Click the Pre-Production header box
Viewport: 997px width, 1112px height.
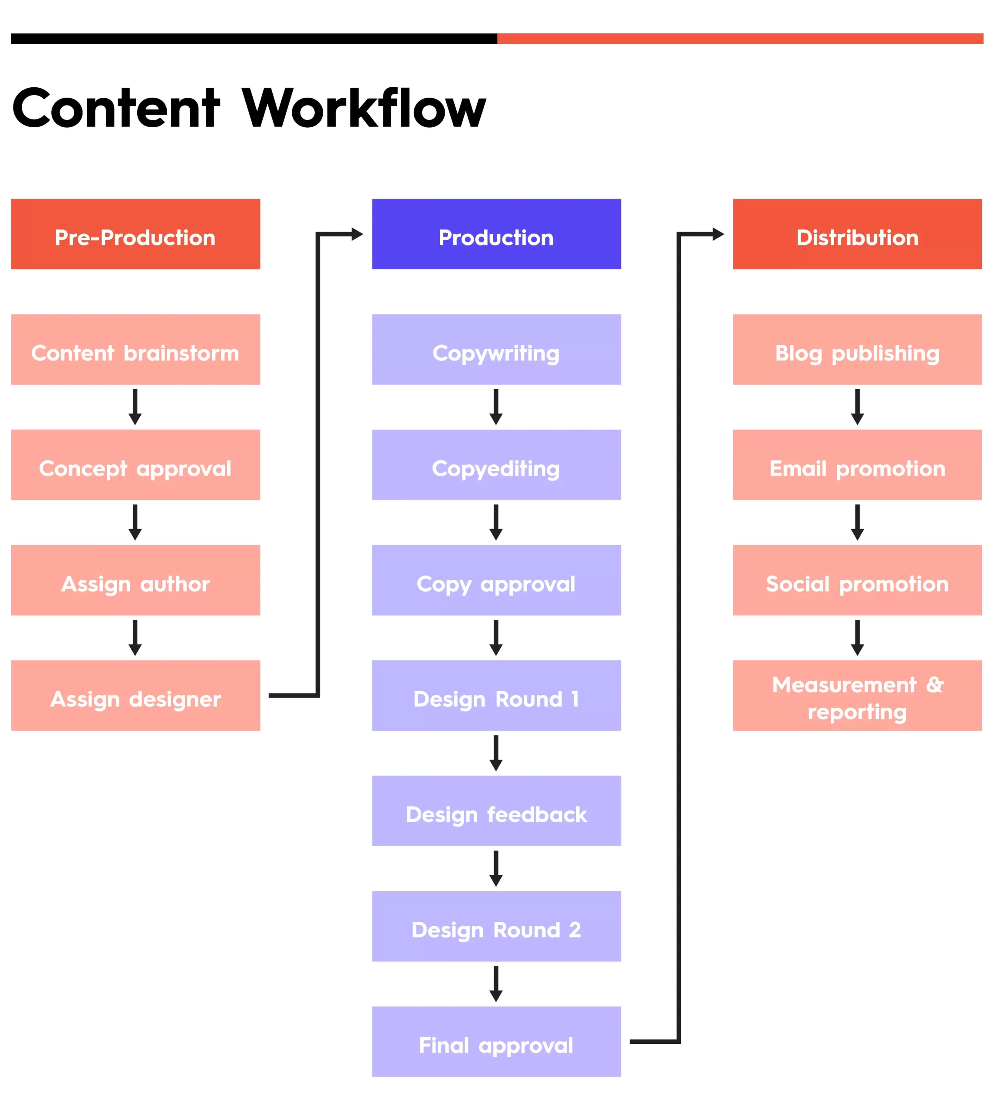tap(135, 234)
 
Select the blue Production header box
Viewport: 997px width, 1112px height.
tap(496, 234)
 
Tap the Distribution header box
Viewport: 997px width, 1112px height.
tap(857, 234)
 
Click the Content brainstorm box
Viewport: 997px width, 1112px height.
tap(135, 349)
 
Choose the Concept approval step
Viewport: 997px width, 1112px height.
tap(135, 465)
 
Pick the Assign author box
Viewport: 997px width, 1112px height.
tap(135, 580)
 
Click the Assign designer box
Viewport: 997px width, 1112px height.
tap(135, 695)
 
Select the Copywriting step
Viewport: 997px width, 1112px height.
tap(496, 349)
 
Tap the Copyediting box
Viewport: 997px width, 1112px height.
tap(496, 465)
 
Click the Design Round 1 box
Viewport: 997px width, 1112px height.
tap(496, 695)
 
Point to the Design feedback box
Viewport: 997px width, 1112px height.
tap(496, 811)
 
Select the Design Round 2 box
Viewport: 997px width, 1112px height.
tap(496, 926)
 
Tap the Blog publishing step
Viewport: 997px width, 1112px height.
tap(857, 349)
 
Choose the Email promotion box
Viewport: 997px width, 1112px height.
tap(857, 465)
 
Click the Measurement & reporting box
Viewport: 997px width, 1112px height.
tap(857, 695)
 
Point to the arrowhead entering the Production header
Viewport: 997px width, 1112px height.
tap(357, 234)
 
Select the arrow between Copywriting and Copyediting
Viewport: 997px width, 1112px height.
tap(496, 407)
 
